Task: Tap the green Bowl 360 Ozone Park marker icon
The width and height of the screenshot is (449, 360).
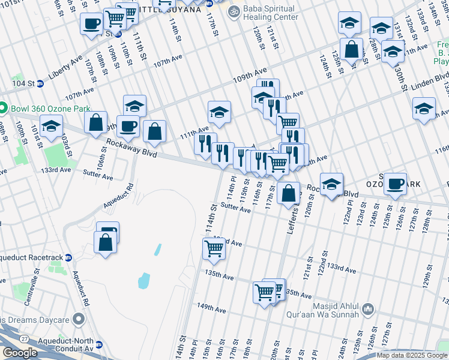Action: pyautogui.click(x=4, y=108)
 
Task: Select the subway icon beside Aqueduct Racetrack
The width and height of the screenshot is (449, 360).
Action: pyautogui.click(x=68, y=257)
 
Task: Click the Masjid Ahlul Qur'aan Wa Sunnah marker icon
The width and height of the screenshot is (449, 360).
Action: pyautogui.click(x=367, y=310)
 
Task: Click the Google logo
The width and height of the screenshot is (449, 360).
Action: pyautogui.click(x=20, y=353)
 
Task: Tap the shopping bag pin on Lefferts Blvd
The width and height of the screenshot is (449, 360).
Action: pyautogui.click(x=289, y=193)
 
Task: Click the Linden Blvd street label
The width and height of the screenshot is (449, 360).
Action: pyautogui.click(x=431, y=79)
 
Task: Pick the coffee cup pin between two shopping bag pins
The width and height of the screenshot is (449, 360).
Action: pyautogui.click(x=127, y=126)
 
